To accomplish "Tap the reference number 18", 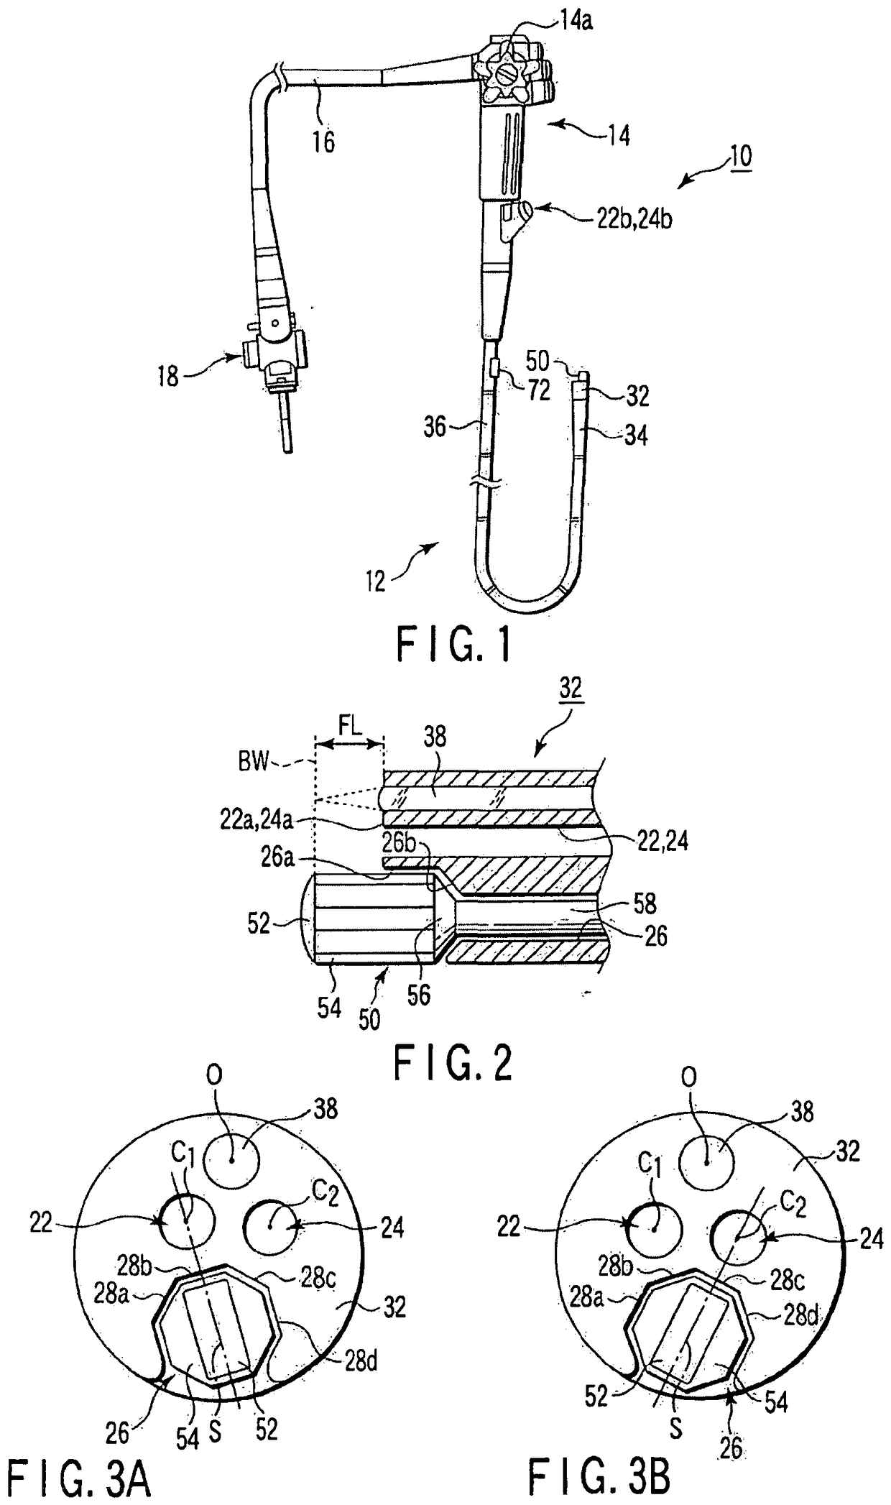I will [x=167, y=376].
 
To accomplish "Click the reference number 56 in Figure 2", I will [x=419, y=995].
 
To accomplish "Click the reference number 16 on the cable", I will [x=324, y=141].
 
